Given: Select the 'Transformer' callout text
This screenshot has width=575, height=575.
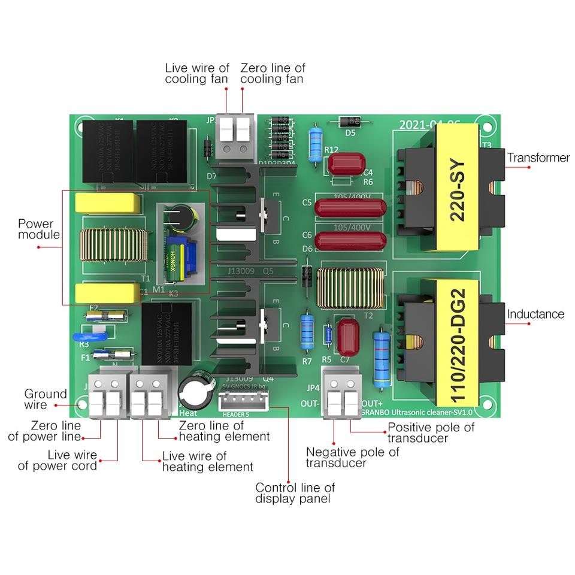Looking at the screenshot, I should (538, 158).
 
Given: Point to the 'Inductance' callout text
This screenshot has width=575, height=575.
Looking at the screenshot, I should (535, 314).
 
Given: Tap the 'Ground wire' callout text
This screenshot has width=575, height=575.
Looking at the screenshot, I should (46, 400).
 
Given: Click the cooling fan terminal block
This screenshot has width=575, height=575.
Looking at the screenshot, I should (235, 136).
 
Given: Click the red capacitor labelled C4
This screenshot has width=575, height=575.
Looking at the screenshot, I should (346, 162).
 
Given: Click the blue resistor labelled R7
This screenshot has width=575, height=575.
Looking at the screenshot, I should (307, 332).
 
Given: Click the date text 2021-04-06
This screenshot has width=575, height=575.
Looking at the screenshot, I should (429, 125).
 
